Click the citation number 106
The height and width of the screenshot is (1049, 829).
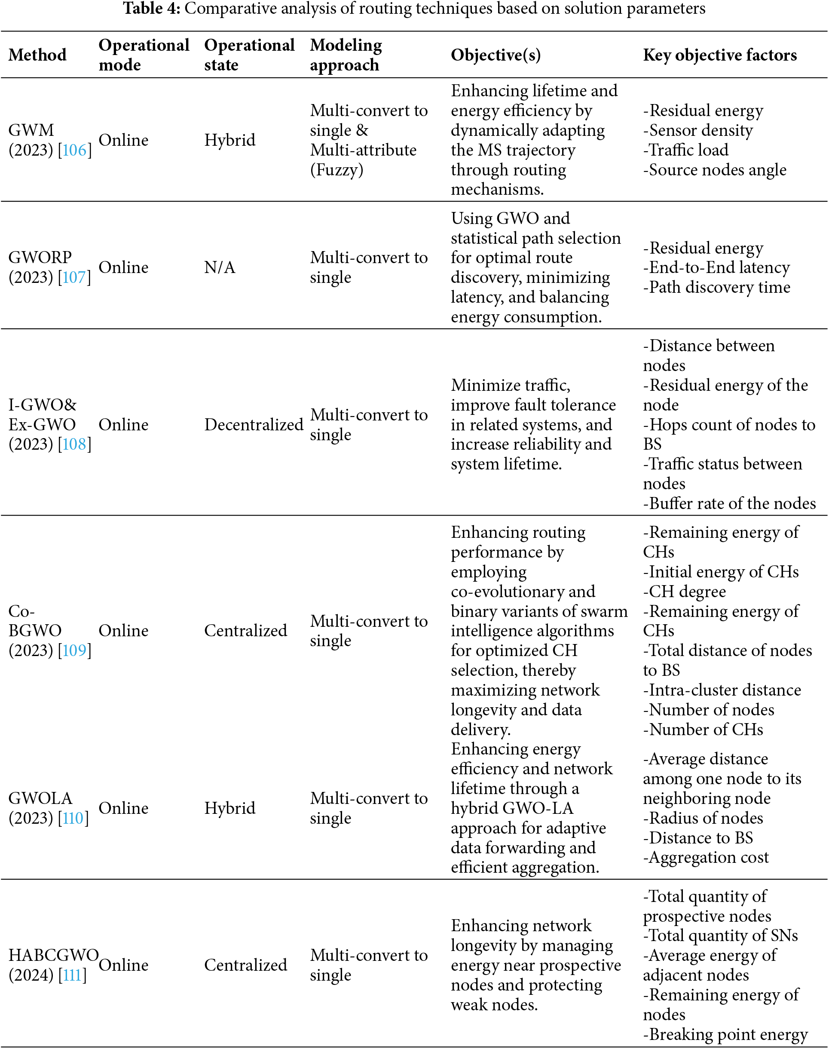(x=74, y=150)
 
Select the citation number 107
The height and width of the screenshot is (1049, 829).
(x=74, y=277)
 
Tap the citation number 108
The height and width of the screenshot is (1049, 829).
(x=74, y=444)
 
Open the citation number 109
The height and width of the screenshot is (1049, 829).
(x=74, y=650)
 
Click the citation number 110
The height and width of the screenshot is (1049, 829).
(x=73, y=819)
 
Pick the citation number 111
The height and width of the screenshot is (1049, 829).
(x=72, y=975)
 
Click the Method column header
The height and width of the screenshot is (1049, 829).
(x=37, y=55)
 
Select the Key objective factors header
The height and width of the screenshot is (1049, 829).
(x=720, y=55)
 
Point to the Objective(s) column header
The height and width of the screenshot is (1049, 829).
(x=496, y=55)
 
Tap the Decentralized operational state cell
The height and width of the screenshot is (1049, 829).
(x=254, y=425)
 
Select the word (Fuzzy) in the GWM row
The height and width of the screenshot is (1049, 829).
(x=336, y=170)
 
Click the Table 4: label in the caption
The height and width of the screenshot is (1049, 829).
(x=151, y=8)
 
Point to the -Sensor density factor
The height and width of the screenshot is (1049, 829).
(x=697, y=130)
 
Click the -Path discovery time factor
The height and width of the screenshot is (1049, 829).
(x=716, y=287)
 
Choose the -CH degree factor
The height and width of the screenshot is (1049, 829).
(x=684, y=592)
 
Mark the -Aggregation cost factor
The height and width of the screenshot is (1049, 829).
(x=706, y=858)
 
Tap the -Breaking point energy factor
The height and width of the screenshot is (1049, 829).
(x=725, y=1034)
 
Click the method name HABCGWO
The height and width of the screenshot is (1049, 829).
(x=53, y=955)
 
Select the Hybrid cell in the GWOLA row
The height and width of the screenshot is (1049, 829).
(x=229, y=808)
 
